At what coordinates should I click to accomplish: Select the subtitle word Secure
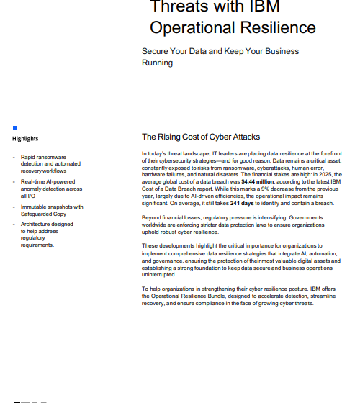click(x=156, y=52)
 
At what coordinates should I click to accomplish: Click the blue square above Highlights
click(x=14, y=128)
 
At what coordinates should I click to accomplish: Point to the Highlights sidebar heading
click(x=25, y=139)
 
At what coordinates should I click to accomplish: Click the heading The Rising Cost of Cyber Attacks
click(x=201, y=137)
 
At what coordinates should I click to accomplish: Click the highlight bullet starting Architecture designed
click(x=47, y=224)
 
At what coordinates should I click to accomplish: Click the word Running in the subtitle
click(x=157, y=63)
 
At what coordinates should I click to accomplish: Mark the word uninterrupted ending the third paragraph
click(x=162, y=274)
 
